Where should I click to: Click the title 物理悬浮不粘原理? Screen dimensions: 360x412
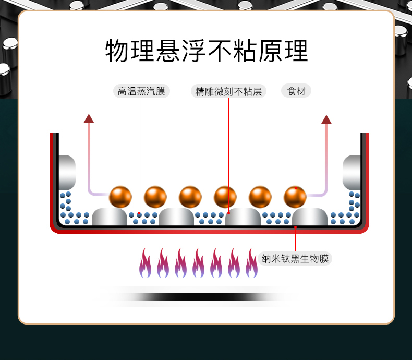(x=207, y=51)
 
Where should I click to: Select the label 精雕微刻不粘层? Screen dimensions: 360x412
(x=228, y=92)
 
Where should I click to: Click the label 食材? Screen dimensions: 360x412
(x=296, y=91)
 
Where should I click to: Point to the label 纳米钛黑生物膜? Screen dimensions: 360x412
(x=295, y=258)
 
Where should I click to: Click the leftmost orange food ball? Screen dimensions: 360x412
(x=120, y=197)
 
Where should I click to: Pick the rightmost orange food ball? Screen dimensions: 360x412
(x=295, y=197)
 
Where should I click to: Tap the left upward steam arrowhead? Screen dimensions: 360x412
(x=89, y=118)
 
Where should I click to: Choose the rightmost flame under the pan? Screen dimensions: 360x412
(x=251, y=263)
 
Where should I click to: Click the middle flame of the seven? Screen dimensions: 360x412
(x=198, y=263)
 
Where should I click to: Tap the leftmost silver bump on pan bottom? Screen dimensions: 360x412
(x=110, y=217)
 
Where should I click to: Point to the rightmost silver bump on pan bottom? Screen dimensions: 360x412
(x=310, y=217)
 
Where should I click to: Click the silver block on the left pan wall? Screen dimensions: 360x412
(x=67, y=172)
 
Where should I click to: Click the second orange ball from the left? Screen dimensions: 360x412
(x=155, y=197)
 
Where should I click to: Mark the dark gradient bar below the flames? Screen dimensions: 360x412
(x=198, y=296)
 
